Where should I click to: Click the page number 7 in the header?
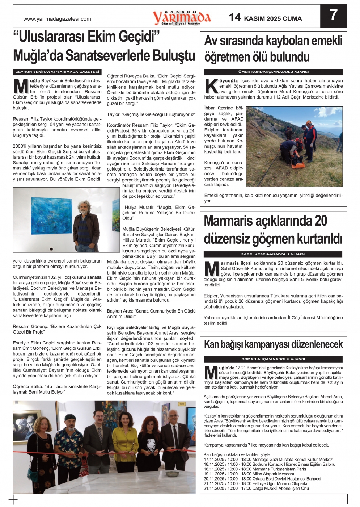click(x=334, y=15)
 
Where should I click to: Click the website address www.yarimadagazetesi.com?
click(x=57, y=19)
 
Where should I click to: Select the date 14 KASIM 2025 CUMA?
click(x=265, y=18)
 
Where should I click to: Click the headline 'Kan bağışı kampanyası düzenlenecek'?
click(x=273, y=344)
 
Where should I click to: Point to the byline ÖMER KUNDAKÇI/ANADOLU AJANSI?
click(x=273, y=72)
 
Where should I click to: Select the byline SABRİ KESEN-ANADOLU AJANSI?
click(x=273, y=254)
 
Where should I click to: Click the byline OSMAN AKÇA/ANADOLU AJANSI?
click(x=273, y=359)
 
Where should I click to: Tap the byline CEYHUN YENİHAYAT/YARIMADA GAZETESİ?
click(x=57, y=72)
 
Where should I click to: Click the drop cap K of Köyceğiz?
click(x=211, y=86)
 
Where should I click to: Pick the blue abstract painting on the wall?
click(x=51, y=215)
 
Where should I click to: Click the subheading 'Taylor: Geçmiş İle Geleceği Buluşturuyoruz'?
click(x=151, y=114)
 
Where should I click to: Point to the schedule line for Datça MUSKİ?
click(x=256, y=488)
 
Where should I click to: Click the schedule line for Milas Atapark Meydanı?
click(x=249, y=474)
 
